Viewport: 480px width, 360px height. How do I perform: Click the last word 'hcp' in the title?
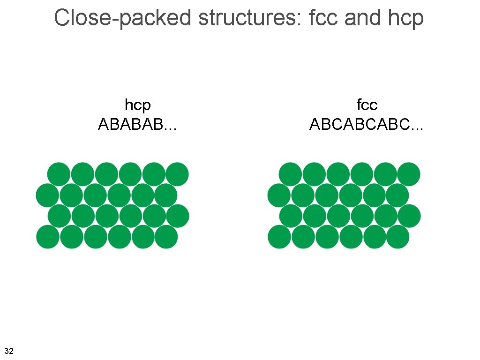coord(406,18)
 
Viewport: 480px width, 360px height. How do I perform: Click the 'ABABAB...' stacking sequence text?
coord(137,125)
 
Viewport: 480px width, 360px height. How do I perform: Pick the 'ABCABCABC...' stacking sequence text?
coord(367,125)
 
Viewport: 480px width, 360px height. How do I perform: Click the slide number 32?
coord(8,351)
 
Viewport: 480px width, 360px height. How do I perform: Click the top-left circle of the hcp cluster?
coord(59,174)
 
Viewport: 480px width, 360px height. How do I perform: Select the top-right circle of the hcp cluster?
coord(177,174)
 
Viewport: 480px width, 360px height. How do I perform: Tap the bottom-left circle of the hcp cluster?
coord(48,237)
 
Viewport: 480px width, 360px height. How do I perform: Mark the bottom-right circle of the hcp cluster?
coord(166,237)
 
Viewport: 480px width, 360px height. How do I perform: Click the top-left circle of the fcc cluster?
coord(291,174)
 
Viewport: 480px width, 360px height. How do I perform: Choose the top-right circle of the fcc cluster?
coord(409,174)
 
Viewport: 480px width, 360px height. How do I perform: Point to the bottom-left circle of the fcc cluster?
coord(279,237)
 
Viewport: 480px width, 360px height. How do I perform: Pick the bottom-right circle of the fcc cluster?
coord(397,237)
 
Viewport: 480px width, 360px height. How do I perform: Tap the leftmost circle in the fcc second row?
coord(279,195)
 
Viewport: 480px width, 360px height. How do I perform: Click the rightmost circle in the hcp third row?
coord(178,216)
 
